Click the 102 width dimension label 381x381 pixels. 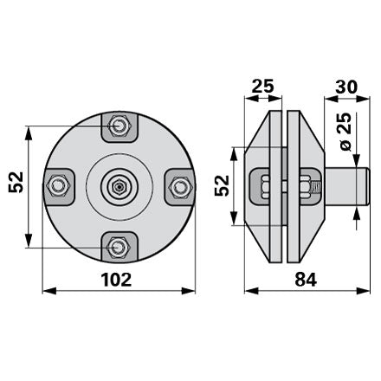(116, 280)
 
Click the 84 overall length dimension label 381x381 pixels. (306, 280)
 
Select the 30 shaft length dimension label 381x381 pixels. (346, 87)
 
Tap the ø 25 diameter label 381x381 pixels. (346, 132)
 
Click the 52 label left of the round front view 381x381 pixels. (16, 182)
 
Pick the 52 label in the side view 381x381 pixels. (222, 185)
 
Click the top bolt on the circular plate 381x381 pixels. (119, 126)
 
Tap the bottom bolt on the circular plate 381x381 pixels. (119, 248)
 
